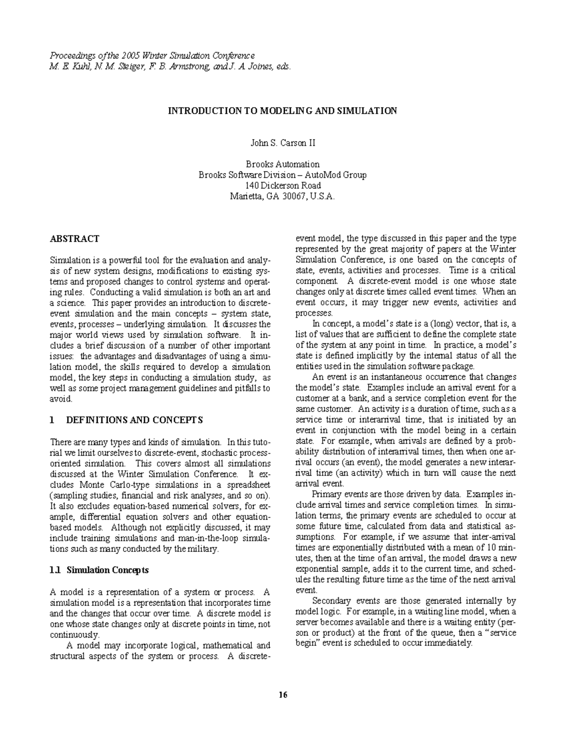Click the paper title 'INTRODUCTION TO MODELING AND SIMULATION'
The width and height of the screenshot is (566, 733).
[x=283, y=111]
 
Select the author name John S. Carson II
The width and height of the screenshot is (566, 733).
[x=283, y=142]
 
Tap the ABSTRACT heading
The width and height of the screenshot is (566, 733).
[x=75, y=239]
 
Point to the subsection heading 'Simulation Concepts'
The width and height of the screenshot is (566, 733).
[x=108, y=570]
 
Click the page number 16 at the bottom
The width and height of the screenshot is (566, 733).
[x=283, y=695]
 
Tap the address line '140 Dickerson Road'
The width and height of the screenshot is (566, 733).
[x=283, y=185]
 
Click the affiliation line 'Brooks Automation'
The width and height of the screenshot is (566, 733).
[x=283, y=164]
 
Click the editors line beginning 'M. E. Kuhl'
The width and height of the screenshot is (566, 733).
[x=170, y=66]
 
